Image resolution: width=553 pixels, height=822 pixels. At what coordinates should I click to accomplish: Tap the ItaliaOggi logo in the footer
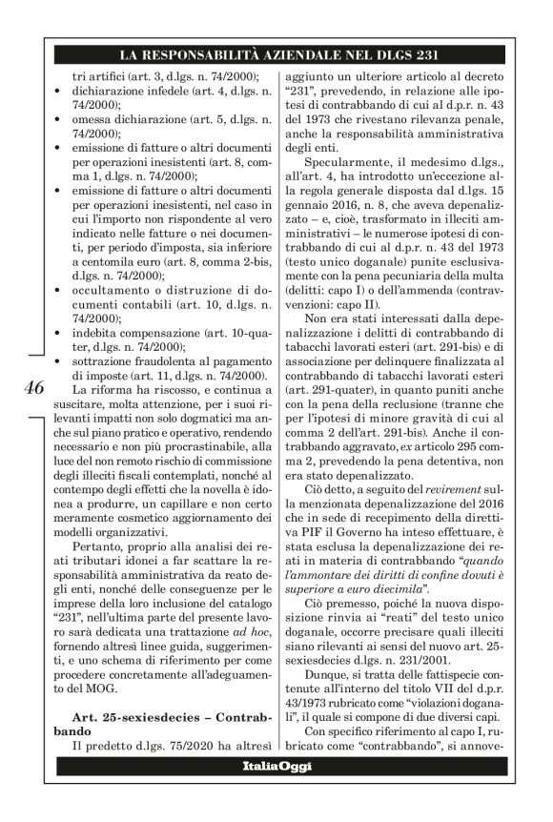[275, 796]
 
